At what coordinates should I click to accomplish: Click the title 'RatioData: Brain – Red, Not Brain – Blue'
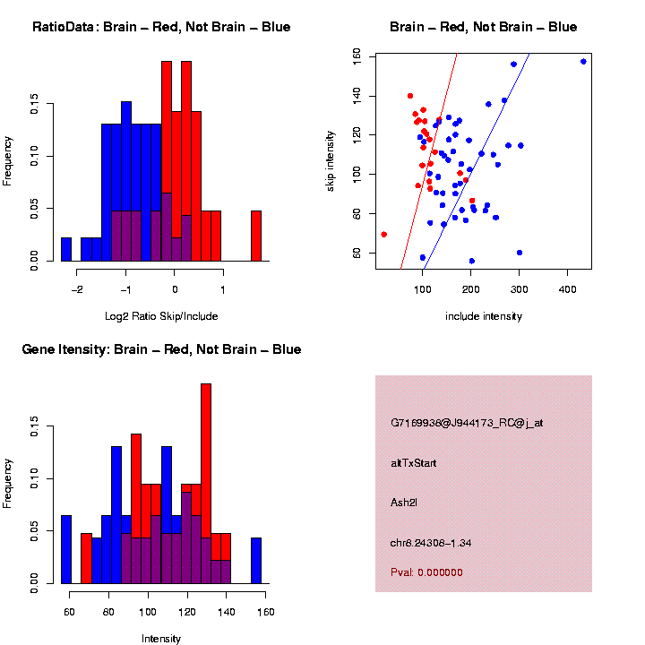(x=161, y=27)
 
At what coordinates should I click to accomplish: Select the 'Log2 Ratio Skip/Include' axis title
(x=161, y=316)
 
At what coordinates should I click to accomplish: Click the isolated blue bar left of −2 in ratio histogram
(x=66, y=249)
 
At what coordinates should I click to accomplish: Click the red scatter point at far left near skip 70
(x=383, y=234)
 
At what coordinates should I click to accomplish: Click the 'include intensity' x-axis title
(x=484, y=316)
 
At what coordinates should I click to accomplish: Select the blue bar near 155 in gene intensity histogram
(x=256, y=561)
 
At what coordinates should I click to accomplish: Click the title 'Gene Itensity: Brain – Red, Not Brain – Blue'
(x=161, y=349)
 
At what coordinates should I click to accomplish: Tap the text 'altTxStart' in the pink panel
(x=414, y=463)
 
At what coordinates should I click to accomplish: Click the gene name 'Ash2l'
(x=404, y=503)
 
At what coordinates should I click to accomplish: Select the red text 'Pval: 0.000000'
(x=426, y=572)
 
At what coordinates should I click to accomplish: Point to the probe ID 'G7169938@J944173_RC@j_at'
(x=467, y=423)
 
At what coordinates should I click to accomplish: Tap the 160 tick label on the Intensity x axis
(x=265, y=612)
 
